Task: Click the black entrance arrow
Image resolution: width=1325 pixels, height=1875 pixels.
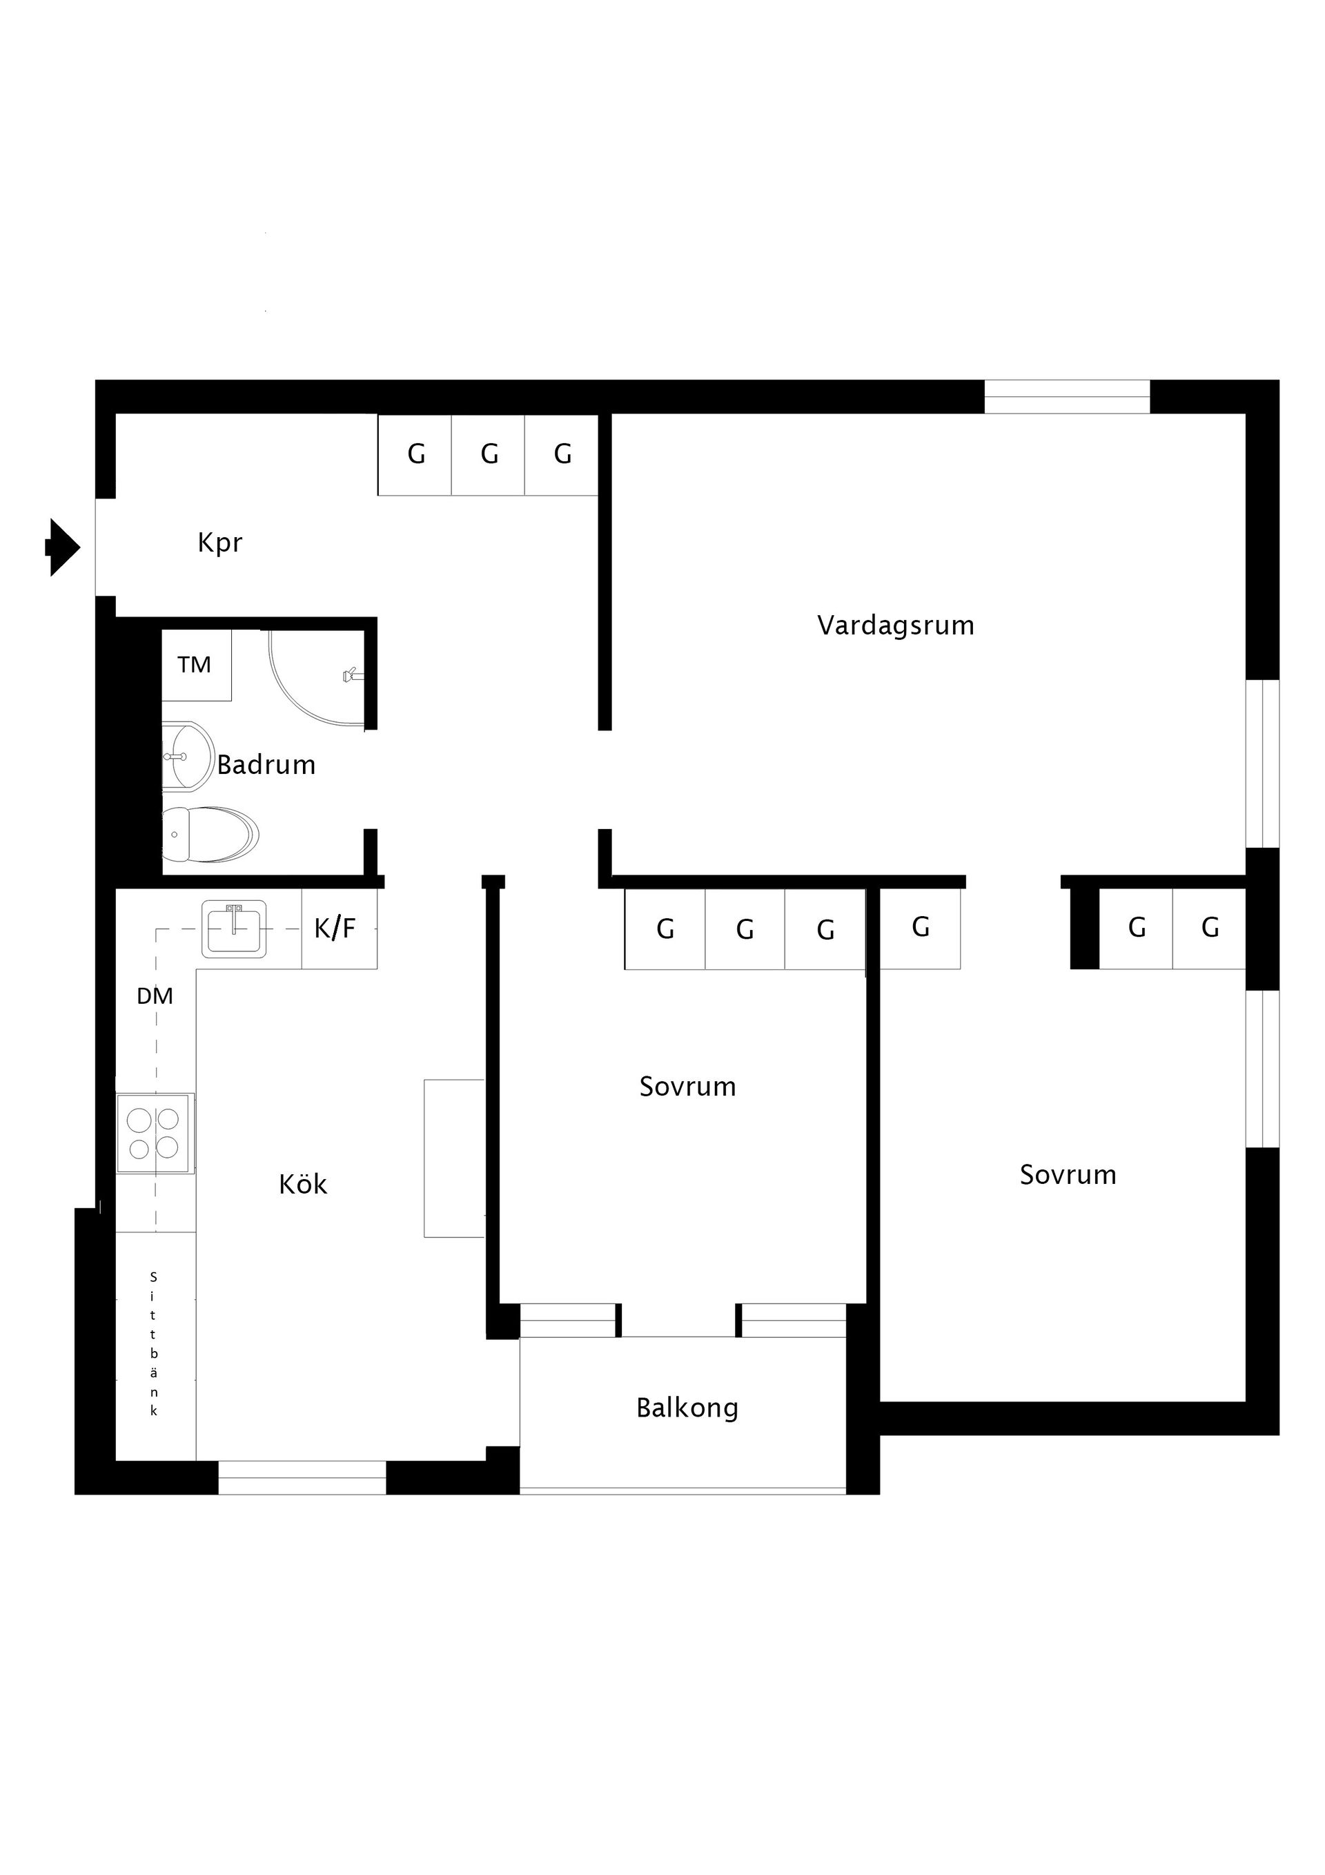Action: [x=63, y=547]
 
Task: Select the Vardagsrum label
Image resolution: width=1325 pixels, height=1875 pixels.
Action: [x=896, y=626]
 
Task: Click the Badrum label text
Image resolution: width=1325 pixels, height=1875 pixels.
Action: [x=266, y=764]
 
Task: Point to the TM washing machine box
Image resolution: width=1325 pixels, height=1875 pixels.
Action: [x=196, y=665]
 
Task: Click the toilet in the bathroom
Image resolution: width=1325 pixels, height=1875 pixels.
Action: [x=210, y=835]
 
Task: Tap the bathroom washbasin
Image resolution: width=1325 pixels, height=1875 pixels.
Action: [x=187, y=757]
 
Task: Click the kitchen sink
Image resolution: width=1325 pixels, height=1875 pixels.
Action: [x=235, y=929]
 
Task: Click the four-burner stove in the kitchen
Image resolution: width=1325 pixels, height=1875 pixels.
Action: [x=155, y=1134]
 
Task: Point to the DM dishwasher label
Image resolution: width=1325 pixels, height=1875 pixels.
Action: [x=155, y=996]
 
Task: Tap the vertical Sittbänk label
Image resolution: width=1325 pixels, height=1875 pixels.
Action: [x=153, y=1343]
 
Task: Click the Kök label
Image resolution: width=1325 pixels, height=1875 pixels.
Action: [x=303, y=1184]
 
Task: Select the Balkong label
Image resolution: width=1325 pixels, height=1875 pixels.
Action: [x=687, y=1408]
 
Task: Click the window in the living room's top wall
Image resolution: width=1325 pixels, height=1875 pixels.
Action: [x=1067, y=397]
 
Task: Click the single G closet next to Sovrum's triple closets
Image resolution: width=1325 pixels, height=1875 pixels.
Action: [x=920, y=929]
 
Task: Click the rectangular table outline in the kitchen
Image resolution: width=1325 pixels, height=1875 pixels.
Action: [x=454, y=1158]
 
